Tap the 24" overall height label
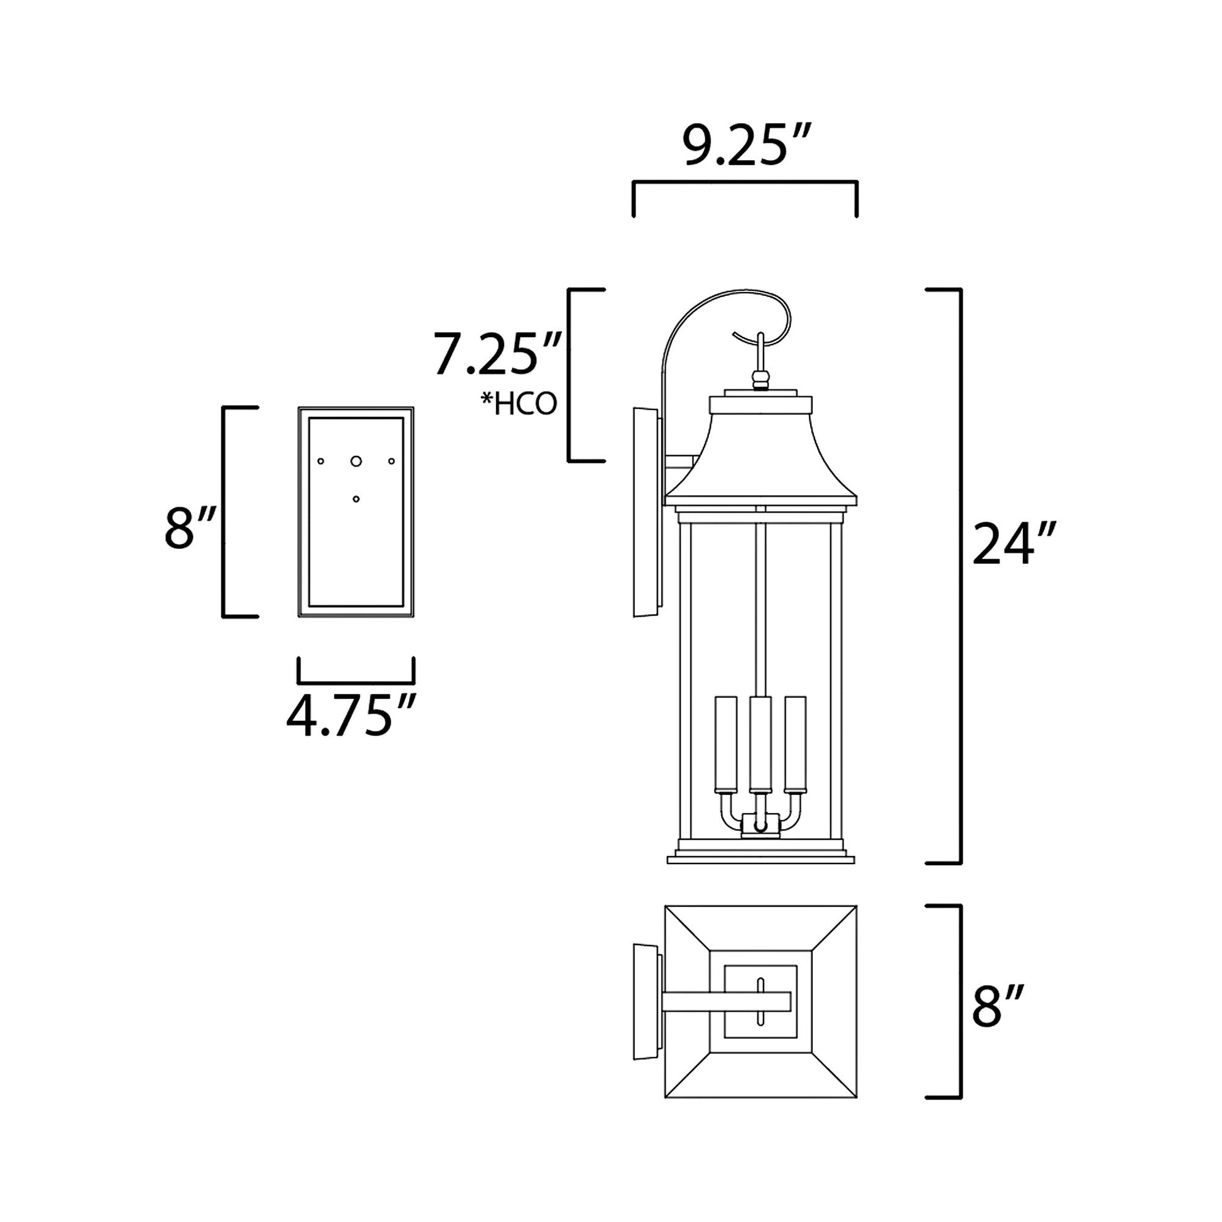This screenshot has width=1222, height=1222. pos(1014,544)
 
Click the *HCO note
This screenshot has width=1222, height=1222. pos(519,405)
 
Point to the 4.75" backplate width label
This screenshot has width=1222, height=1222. pos(352,717)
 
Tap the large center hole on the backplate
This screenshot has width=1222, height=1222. pos(356,461)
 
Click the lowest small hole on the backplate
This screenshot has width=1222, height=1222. pos(356,499)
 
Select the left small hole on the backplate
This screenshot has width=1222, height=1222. pos(321,461)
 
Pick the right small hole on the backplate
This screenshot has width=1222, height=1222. pos(391,461)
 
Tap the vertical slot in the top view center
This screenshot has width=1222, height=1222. pos(760,1002)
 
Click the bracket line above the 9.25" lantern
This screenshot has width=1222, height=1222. pos(745,183)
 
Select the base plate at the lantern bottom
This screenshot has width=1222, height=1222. pos(761,860)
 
